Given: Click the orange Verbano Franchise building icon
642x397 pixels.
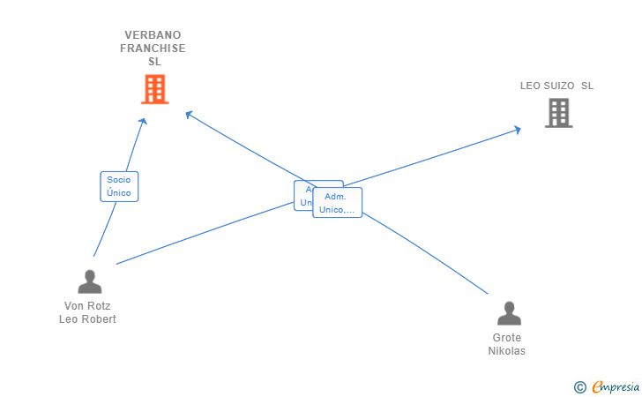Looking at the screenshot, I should pyautogui.click(x=154, y=89).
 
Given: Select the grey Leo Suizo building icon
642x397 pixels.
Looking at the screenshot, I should pyautogui.click(x=558, y=113).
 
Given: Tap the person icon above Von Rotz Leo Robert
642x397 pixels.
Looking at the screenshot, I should pyautogui.click(x=89, y=281).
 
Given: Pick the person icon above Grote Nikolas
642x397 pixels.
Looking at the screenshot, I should pyautogui.click(x=509, y=313).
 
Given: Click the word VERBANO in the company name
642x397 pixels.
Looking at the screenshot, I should pyautogui.click(x=153, y=35).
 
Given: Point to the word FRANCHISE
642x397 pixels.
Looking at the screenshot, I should pyautogui.click(x=153, y=49).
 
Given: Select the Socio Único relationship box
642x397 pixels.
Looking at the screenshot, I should pyautogui.click(x=119, y=186).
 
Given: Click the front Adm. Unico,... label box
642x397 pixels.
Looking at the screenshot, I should pyautogui.click(x=338, y=203).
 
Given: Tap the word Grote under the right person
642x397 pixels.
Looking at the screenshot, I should pyautogui.click(x=507, y=338).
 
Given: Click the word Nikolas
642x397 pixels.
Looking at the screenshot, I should pyautogui.click(x=507, y=351).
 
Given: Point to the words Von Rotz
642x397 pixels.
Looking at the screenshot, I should pyautogui.click(x=86, y=306).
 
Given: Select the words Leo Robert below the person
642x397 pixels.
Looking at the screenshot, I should pyautogui.click(x=86, y=319).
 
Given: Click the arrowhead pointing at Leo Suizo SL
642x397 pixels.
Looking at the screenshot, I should pyautogui.click(x=518, y=130).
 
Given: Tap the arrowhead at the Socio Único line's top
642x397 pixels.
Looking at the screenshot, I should pyautogui.click(x=143, y=121).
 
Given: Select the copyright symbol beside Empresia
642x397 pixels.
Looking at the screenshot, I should pyautogui.click(x=579, y=386).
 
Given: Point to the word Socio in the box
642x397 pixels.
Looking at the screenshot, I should pyautogui.click(x=119, y=180).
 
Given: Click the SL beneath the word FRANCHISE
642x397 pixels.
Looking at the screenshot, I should pyautogui.click(x=154, y=62).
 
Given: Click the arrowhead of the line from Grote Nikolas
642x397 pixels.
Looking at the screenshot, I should pyautogui.click(x=188, y=113).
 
